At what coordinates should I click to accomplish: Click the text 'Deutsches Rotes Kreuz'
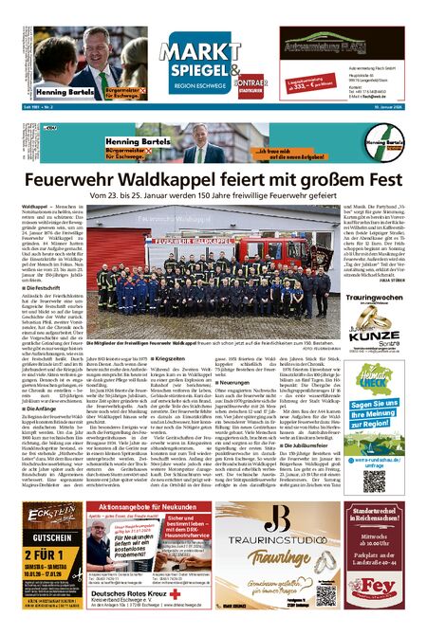pyautogui.click(x=139, y=613)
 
